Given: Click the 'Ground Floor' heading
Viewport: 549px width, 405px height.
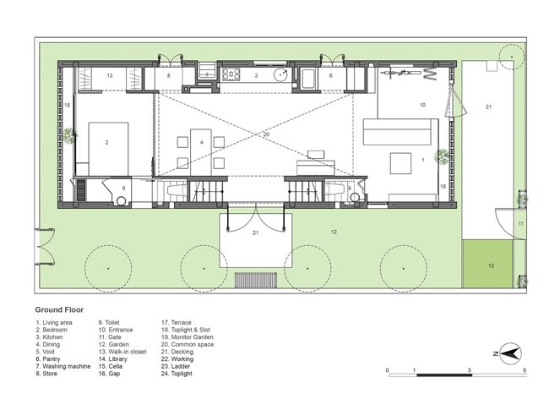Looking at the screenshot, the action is coord(59,309).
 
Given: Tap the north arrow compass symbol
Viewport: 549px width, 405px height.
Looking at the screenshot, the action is coord(510,353).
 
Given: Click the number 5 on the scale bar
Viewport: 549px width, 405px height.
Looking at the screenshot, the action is coord(525,370).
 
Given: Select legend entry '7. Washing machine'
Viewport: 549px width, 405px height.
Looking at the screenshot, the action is coord(63,366).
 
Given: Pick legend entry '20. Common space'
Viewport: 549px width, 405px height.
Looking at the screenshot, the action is coord(188,344).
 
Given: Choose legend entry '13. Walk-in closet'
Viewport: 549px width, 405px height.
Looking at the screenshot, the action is coord(122,352).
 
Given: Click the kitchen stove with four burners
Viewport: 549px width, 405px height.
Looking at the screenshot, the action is coord(231,74).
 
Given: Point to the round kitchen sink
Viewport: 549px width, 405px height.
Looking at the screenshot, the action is coord(281,74).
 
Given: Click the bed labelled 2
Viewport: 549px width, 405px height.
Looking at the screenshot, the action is coord(108,149).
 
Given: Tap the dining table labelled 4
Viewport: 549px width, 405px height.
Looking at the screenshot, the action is coord(201,152).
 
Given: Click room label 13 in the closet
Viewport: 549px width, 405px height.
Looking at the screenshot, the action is coord(110,75).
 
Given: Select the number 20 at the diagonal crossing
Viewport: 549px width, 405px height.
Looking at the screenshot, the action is coord(266,134).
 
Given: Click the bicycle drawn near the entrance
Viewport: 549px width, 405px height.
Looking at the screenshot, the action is coord(400,73).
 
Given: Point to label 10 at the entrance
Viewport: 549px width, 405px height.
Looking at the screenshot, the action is coord(422,105).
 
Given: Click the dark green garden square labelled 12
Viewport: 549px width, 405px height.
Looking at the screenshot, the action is coord(487,264).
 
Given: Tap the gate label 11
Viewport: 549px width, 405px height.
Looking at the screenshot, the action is coord(521,223).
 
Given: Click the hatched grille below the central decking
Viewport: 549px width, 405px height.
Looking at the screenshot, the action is coord(256,280).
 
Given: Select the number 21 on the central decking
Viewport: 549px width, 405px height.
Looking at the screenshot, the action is coord(256,233).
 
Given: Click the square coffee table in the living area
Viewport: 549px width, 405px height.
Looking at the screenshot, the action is coord(401,163).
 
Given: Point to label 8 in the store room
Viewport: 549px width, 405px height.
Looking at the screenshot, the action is coord(168,75).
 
